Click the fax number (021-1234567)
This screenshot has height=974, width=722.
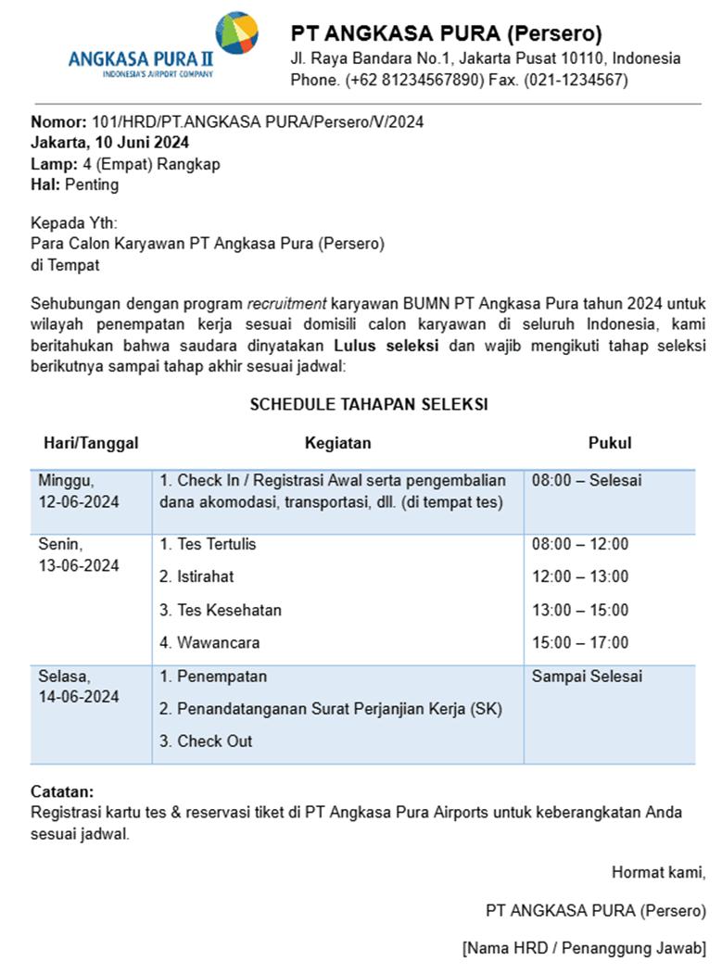(x=576, y=80)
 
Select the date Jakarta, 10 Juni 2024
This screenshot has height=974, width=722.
(x=109, y=143)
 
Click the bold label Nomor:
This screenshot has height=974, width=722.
(x=59, y=122)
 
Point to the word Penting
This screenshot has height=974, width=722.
(x=92, y=184)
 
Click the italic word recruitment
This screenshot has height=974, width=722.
(x=286, y=304)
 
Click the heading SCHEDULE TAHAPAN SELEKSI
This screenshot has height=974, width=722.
(x=369, y=404)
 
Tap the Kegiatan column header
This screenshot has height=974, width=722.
(x=337, y=443)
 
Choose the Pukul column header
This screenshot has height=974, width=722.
(x=610, y=443)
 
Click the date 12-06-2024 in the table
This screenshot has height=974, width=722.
(x=79, y=502)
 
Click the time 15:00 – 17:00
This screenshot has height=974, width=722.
(x=580, y=642)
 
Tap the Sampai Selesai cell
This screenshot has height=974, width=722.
(x=587, y=677)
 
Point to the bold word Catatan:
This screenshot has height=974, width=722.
(x=62, y=792)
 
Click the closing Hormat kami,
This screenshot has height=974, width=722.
(x=658, y=872)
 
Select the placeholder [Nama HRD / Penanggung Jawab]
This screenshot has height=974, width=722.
(x=584, y=948)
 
